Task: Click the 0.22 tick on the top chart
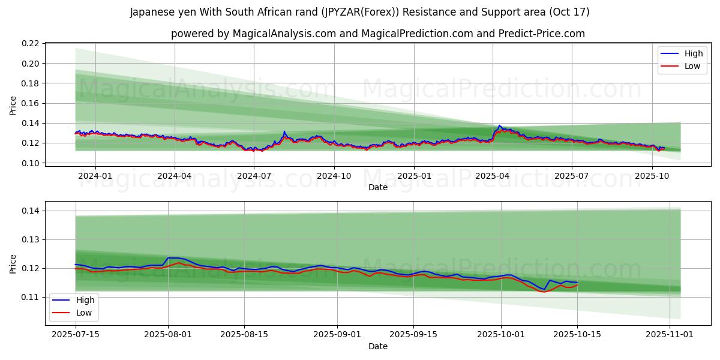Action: point(31,44)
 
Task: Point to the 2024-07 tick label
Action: point(254,176)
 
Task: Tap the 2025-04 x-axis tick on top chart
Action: point(493,176)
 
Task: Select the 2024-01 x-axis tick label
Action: point(95,176)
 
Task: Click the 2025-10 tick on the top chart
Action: point(652,176)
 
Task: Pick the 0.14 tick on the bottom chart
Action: point(31,211)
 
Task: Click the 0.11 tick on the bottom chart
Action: point(31,297)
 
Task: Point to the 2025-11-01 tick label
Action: point(669,334)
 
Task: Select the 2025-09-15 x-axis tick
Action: point(413,334)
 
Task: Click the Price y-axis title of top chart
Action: point(13,105)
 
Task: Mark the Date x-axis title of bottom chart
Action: point(378,346)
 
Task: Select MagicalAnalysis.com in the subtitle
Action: point(283,34)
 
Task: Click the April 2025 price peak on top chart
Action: point(499,125)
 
